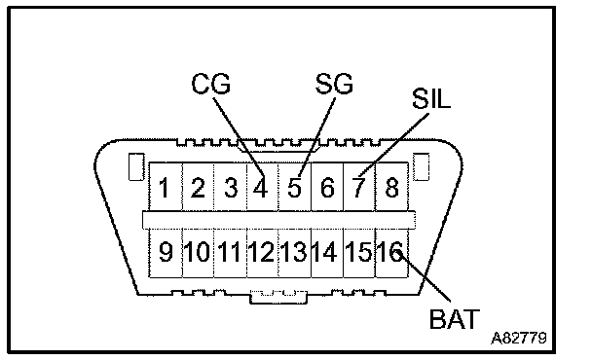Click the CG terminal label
210,84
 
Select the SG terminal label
334,84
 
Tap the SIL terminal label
431,99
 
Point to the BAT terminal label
455,319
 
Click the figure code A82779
519,338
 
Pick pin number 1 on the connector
164,188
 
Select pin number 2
198,188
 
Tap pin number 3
231,188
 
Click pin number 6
327,188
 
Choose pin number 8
391,188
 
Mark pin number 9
166,252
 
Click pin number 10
197,252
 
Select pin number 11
229,252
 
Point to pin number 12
261,252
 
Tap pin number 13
293,252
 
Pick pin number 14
324,252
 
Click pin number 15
358,252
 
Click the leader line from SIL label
393,145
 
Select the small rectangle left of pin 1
136,166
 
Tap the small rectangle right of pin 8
421,166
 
